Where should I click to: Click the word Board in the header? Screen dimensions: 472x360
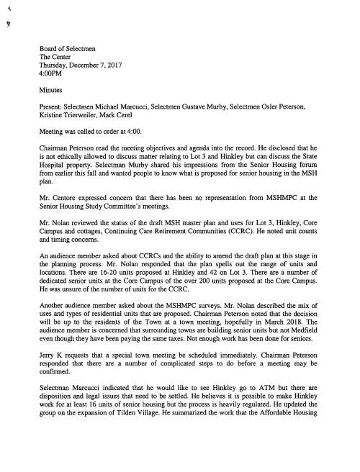(x=50, y=48)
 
